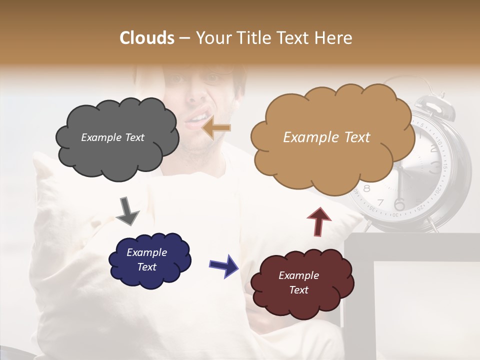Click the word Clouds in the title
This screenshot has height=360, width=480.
(146, 38)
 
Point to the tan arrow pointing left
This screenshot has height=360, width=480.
(216, 128)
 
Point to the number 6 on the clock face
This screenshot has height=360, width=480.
(399, 204)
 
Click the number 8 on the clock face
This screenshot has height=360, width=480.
(366, 188)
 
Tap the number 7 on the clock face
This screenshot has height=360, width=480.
(380, 202)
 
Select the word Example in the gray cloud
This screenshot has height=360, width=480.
(99, 137)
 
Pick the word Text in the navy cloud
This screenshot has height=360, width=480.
(146, 267)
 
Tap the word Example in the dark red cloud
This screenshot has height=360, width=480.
(298, 275)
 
